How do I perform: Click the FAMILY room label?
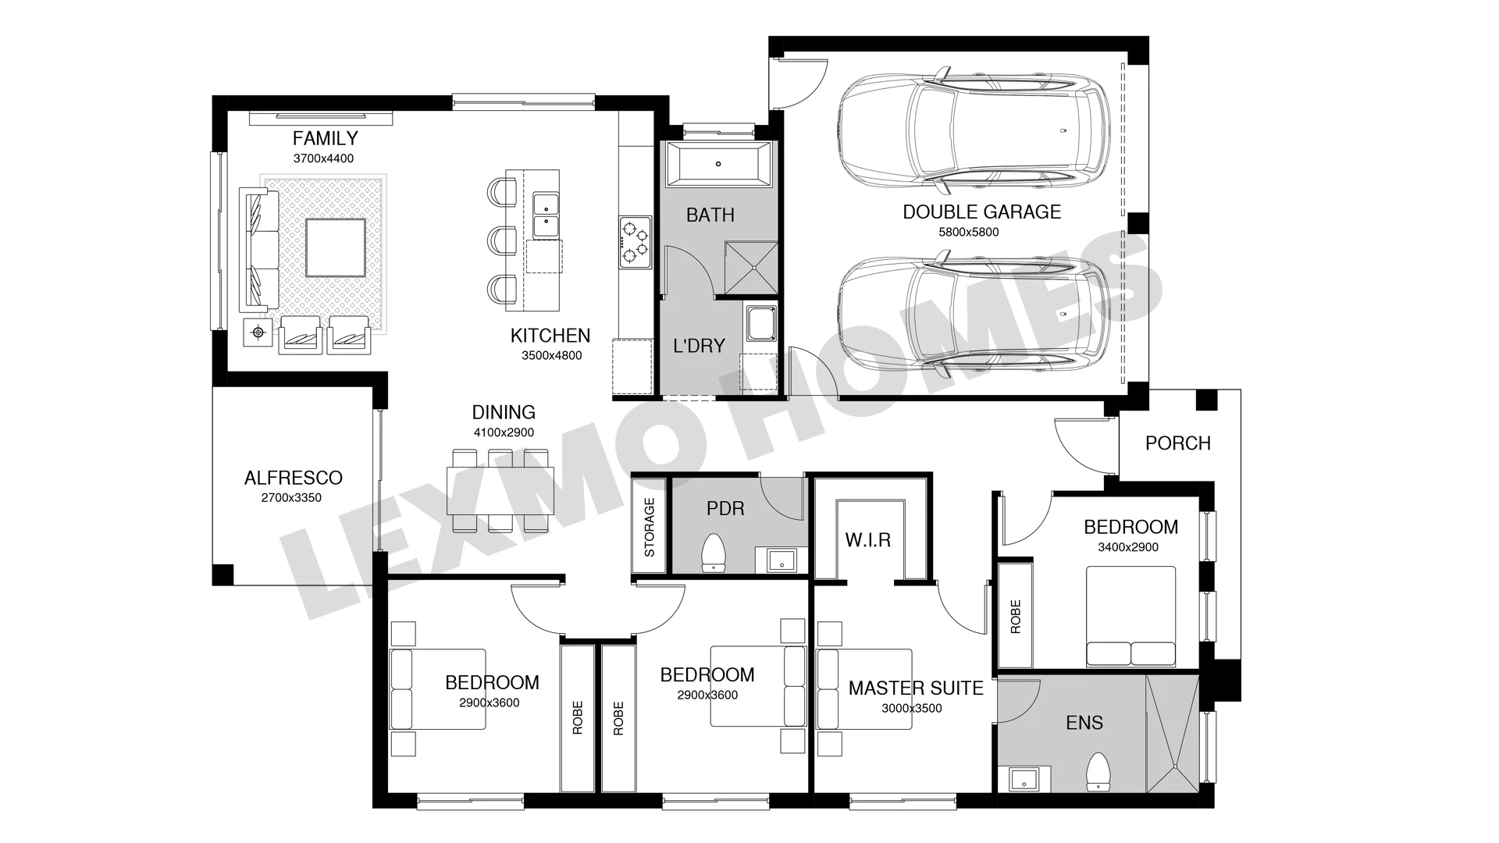325,139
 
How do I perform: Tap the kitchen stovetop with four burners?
636,241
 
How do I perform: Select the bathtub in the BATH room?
718,165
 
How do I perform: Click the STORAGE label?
650,528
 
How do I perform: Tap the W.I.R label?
868,539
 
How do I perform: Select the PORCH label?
1177,443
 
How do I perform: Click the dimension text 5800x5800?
968,232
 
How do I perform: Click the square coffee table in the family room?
335,247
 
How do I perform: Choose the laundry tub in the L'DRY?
760,324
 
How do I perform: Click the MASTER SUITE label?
916,688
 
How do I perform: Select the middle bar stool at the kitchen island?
501,240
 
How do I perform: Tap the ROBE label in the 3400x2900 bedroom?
1016,617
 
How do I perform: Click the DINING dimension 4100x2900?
504,432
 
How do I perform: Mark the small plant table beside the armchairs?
258,333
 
